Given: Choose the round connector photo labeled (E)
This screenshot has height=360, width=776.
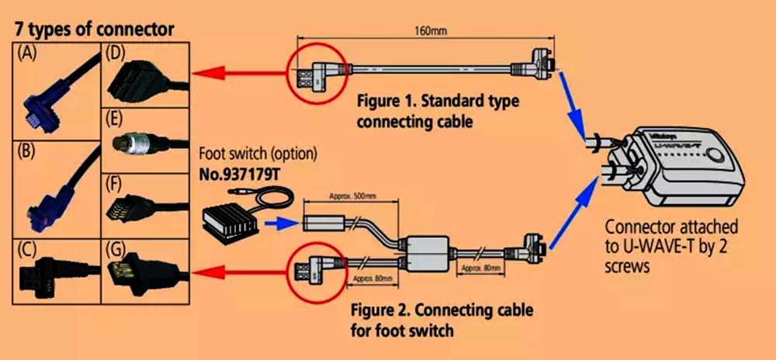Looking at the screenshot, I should pos(145,143).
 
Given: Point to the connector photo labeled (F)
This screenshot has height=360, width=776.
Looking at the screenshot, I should pos(145,207).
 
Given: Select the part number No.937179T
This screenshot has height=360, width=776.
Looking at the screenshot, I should pos(240,175).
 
